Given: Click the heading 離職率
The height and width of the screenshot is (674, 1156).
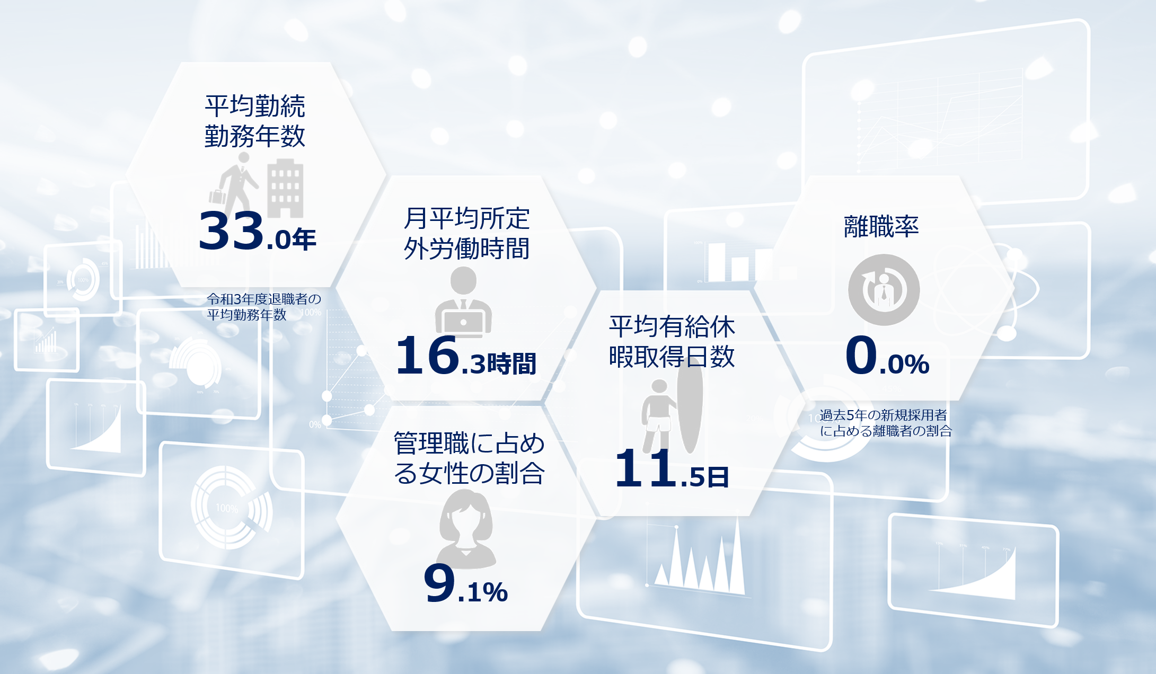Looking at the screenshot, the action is click(x=881, y=226).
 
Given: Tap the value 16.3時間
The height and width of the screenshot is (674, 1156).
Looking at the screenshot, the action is click(x=466, y=356).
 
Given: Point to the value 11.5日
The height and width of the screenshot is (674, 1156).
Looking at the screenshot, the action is click(x=672, y=468).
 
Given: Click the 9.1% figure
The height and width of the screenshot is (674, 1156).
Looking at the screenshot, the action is click(x=466, y=583).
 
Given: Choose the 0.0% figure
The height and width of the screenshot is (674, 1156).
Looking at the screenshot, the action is click(x=887, y=355).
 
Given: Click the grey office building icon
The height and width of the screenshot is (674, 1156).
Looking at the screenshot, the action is click(x=285, y=188).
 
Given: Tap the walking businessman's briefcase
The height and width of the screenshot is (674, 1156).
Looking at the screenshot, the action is click(x=217, y=196).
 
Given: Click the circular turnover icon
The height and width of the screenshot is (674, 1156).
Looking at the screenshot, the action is click(x=884, y=290).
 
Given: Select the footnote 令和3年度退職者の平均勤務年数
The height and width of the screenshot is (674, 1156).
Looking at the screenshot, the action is click(x=264, y=307).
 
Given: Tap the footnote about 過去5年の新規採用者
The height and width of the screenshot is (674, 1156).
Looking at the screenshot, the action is click(x=885, y=423).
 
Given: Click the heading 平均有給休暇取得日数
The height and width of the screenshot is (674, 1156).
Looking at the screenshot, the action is click(x=672, y=342).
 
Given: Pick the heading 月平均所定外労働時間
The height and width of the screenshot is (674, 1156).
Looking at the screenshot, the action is click(x=466, y=234).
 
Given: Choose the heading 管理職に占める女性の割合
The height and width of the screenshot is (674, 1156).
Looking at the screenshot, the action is click(x=469, y=458).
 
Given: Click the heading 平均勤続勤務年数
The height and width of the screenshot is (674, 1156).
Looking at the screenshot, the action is click(x=255, y=121).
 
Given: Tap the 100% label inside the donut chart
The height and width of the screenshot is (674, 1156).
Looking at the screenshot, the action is click(x=227, y=508).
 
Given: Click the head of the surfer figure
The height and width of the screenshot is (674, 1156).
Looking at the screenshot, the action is click(x=659, y=386).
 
